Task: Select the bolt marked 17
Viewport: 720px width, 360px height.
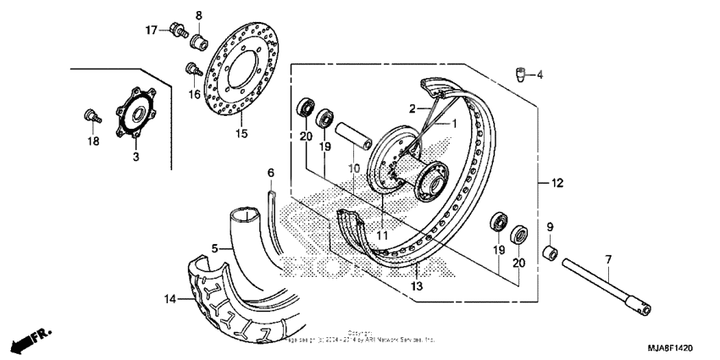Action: [x=178, y=30]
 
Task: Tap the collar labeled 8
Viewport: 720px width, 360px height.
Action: [x=201, y=41]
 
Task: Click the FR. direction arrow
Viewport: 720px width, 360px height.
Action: [x=25, y=341]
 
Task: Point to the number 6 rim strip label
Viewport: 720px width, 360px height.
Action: [x=271, y=173]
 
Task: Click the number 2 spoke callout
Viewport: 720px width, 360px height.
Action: [x=413, y=109]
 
